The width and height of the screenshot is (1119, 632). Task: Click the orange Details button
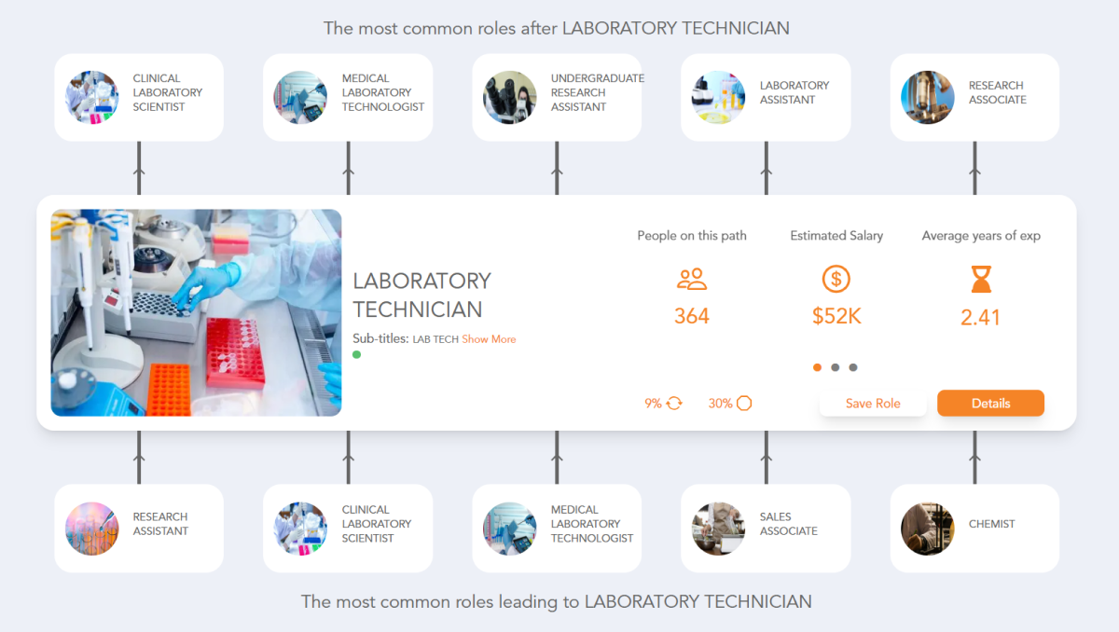pyautogui.click(x=990, y=404)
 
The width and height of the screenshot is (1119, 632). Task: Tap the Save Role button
pyautogui.click(x=873, y=404)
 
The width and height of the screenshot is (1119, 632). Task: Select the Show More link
pyautogui.click(x=489, y=339)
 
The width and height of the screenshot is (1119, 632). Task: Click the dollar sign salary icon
pyautogui.click(x=836, y=279)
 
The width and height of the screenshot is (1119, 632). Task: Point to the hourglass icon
pyautogui.click(x=981, y=279)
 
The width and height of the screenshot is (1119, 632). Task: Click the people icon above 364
pyautogui.click(x=692, y=279)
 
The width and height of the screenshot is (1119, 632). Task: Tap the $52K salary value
pyautogui.click(x=836, y=316)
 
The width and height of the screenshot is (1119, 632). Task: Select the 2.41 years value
pyautogui.click(x=981, y=317)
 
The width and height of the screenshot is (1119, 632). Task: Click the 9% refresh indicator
pyautogui.click(x=664, y=404)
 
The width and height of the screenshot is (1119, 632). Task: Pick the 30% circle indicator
pyautogui.click(x=730, y=404)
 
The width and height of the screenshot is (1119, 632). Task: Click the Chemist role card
pyautogui.click(x=974, y=528)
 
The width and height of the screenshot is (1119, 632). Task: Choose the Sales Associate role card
pyautogui.click(x=766, y=528)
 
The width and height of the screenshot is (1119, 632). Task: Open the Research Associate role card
pyautogui.click(x=974, y=97)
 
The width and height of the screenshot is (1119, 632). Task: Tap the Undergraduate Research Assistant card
pyautogui.click(x=557, y=97)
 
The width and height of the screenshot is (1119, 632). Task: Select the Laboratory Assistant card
pyautogui.click(x=766, y=97)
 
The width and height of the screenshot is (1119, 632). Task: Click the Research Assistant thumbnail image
pyautogui.click(x=92, y=529)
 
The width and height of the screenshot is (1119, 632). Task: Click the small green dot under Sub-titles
pyautogui.click(x=357, y=355)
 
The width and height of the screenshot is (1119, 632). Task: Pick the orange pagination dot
pyautogui.click(x=818, y=367)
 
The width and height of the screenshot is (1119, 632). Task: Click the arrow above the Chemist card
pyautogui.click(x=974, y=457)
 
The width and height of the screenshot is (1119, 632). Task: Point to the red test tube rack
pyautogui.click(x=236, y=350)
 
